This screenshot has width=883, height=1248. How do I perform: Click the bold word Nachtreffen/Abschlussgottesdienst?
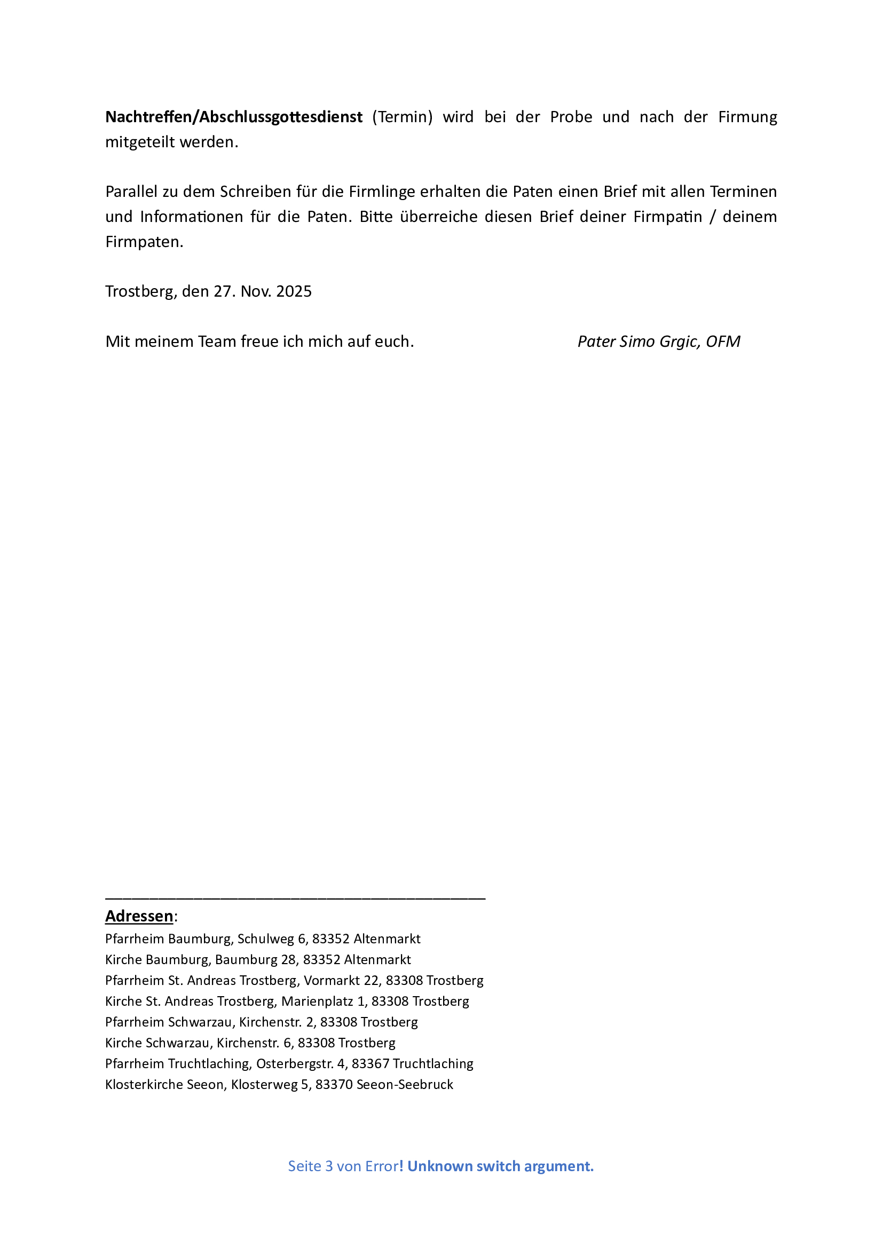[x=234, y=117]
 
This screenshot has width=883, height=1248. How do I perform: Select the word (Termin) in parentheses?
[x=403, y=117]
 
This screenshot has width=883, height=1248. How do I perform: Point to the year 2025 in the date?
[x=294, y=292]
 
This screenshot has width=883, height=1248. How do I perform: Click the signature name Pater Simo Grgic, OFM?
[x=658, y=341]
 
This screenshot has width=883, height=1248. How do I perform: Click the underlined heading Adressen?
[x=139, y=916]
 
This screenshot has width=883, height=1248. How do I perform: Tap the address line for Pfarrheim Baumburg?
[x=263, y=939]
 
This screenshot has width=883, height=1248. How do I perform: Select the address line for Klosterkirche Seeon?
[x=279, y=1084]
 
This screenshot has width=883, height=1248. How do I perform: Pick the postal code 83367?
[x=370, y=1064]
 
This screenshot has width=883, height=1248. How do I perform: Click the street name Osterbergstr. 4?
[x=302, y=1064]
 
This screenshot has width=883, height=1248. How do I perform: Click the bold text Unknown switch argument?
[x=500, y=1166]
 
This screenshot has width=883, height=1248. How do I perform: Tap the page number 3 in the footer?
[x=329, y=1166]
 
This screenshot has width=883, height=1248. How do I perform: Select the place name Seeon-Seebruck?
[x=405, y=1084]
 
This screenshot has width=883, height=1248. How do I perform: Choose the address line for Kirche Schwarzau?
[x=250, y=1043]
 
